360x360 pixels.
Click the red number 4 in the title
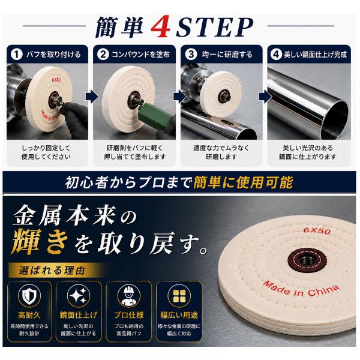point(161,27)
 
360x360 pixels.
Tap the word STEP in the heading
point(215,27)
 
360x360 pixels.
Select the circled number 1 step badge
point(17,55)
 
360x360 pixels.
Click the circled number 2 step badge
point(103,55)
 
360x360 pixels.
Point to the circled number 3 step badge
point(191,55)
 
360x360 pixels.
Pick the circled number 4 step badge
point(276,55)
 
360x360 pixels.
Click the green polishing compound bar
point(153,115)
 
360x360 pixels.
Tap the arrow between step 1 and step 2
point(92,97)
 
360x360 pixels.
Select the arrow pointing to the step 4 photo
point(265,97)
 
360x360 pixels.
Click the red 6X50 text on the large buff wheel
point(317,230)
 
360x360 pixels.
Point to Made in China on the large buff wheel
point(301,289)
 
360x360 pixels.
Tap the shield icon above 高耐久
point(29,296)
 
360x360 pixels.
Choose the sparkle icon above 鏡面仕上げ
point(79,296)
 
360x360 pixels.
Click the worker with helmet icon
point(129,296)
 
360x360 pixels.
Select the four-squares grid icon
point(179,296)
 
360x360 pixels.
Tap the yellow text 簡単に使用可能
point(243,182)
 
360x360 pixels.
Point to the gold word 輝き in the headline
point(40,242)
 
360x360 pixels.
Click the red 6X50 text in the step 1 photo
point(56,80)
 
